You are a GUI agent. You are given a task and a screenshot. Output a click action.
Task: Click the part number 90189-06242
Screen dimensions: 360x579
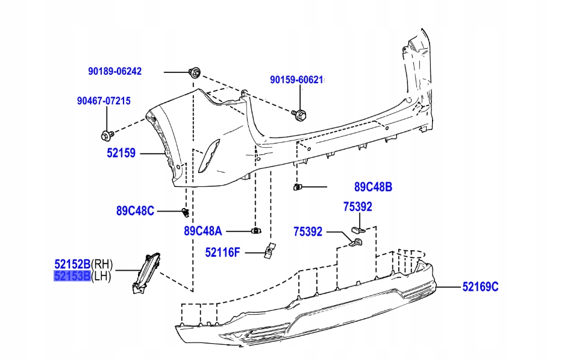point(114,71)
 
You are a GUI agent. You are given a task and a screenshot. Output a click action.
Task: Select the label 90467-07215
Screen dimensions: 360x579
point(103,101)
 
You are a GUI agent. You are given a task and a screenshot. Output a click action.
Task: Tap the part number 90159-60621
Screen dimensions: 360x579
point(296,80)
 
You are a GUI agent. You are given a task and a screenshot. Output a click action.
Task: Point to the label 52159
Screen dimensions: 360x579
point(121,154)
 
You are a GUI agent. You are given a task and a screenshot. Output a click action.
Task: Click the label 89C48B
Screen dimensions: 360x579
point(373,188)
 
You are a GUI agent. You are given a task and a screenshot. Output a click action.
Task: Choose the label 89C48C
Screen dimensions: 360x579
point(135,211)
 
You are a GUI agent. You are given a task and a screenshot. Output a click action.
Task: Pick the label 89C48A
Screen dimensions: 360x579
point(203,230)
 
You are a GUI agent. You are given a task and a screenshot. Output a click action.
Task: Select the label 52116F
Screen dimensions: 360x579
point(222,253)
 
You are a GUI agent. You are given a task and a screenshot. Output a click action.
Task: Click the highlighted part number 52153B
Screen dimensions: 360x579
point(72,276)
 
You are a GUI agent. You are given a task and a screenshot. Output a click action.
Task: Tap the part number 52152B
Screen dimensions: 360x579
point(72,264)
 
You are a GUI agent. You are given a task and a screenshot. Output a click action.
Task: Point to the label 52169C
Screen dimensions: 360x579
point(480,287)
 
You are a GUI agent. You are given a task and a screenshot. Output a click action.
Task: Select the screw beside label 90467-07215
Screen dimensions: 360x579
point(107,134)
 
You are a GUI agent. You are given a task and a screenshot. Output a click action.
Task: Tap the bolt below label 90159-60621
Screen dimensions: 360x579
point(299,113)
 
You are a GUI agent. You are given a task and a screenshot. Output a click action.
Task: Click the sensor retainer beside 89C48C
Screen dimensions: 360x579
point(186,212)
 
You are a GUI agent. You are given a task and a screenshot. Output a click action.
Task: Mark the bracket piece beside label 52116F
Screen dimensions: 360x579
point(269,250)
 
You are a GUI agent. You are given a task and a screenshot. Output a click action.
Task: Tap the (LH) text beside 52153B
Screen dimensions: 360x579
point(101,276)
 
